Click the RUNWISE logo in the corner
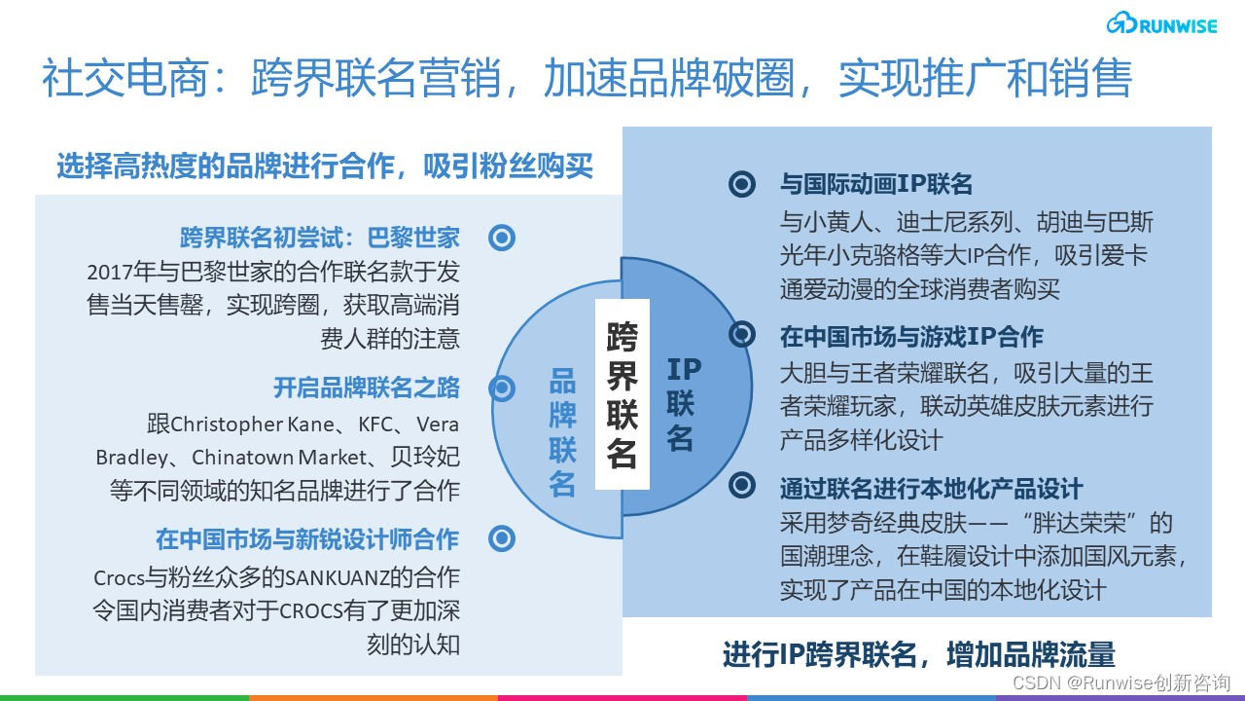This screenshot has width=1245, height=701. pyautogui.click(x=1161, y=25)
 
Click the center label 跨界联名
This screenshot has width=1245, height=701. pyautogui.click(x=622, y=396)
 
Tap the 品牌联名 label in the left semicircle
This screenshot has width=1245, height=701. pyautogui.click(x=562, y=433)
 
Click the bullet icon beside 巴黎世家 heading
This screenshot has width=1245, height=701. pyautogui.click(x=502, y=238)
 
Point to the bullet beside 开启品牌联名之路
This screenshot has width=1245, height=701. pyautogui.click(x=502, y=389)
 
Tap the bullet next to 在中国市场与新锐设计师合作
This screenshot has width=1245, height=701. pyautogui.click(x=502, y=538)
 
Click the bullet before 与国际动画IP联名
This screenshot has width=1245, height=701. pyautogui.click(x=742, y=184)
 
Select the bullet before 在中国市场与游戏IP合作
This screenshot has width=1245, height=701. pyautogui.click(x=742, y=335)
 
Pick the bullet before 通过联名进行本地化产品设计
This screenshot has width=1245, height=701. pyautogui.click(x=742, y=485)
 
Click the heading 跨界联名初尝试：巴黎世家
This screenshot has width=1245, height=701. pyautogui.click(x=319, y=238)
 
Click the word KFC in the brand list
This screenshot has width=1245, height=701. pyautogui.click(x=379, y=425)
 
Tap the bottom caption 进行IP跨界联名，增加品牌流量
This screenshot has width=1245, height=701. pyautogui.click(x=918, y=654)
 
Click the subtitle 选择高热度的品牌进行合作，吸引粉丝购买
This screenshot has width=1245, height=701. pyautogui.click(x=324, y=166)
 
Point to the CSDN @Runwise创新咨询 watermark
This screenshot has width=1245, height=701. pyautogui.click(x=1120, y=683)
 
